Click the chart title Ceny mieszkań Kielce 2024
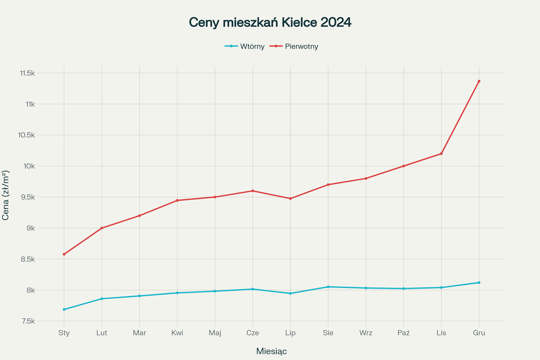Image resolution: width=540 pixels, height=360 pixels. (270, 22)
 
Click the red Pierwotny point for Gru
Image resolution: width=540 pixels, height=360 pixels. (479, 81)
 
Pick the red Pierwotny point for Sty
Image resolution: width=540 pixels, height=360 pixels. (64, 254)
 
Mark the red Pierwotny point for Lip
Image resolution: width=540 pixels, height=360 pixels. (290, 199)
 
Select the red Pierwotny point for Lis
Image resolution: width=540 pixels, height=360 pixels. (441, 154)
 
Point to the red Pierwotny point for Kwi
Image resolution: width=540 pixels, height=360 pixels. (177, 200)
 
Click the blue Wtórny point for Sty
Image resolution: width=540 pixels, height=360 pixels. (64, 310)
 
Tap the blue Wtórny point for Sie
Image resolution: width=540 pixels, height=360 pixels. (328, 287)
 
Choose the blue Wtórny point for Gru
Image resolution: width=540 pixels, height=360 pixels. (479, 283)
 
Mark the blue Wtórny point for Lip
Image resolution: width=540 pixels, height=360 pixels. (290, 293)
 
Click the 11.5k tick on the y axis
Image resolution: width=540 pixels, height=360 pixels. (27, 73)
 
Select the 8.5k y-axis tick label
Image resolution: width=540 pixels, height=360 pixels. (28, 259)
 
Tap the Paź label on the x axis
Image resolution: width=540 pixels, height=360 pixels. (404, 333)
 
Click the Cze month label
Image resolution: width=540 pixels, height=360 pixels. (253, 333)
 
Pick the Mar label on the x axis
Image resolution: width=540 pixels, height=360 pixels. (139, 333)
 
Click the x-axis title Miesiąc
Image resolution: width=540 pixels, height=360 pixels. (271, 351)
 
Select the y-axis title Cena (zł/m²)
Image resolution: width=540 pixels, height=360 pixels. (6, 195)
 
